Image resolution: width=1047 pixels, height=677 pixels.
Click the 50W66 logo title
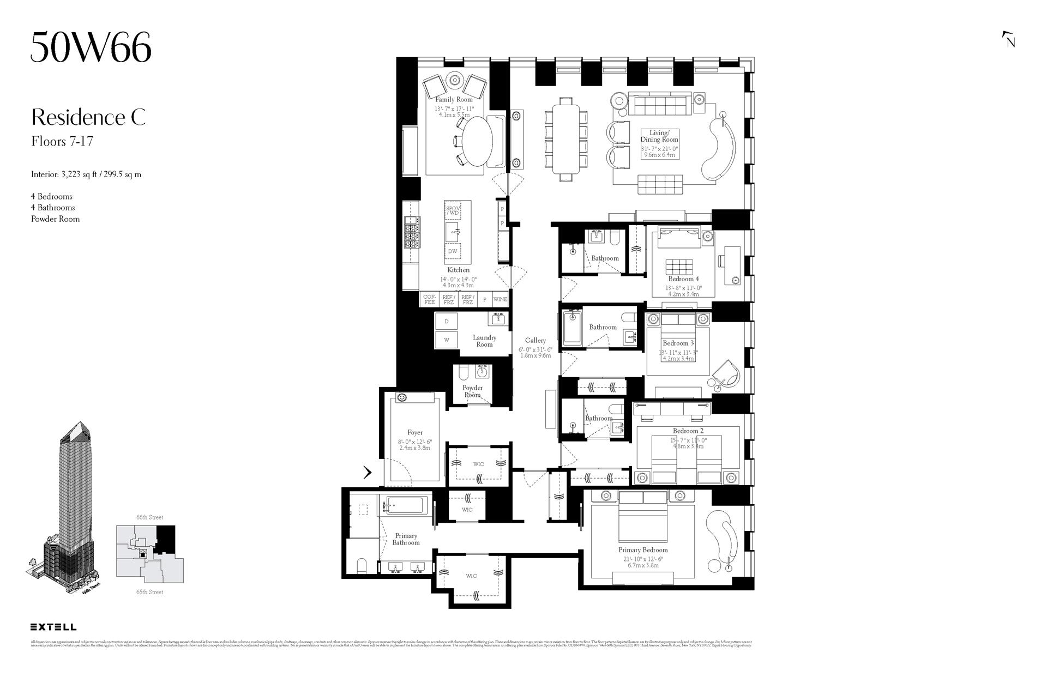tap(91, 47)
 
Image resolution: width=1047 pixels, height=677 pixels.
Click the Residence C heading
tap(88, 117)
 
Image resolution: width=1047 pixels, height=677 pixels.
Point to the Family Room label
tap(454, 100)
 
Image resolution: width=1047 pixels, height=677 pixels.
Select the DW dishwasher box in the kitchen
tap(453, 251)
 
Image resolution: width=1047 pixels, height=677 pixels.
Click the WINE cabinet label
tap(500, 299)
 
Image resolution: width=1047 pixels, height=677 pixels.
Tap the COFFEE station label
tap(430, 299)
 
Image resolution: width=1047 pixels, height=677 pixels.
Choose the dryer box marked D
tap(446, 322)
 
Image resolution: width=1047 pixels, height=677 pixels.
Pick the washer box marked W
tap(446, 340)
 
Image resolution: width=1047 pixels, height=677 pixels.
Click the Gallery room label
tap(535, 341)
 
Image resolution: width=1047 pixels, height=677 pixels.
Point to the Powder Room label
tap(472, 391)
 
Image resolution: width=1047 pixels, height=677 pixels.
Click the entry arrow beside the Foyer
tap(368, 472)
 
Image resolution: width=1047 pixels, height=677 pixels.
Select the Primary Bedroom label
tap(642, 550)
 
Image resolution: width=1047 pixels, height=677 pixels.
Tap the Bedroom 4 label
tap(683, 279)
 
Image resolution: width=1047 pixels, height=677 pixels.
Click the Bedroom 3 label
tap(678, 343)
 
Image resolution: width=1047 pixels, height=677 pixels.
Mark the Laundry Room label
tap(484, 341)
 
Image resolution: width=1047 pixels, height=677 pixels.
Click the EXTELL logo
tap(53, 627)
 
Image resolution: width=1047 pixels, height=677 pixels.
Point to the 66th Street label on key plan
tap(149, 517)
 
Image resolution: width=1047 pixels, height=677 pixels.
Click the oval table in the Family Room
tap(477, 141)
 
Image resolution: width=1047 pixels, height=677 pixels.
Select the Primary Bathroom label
tap(406, 539)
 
